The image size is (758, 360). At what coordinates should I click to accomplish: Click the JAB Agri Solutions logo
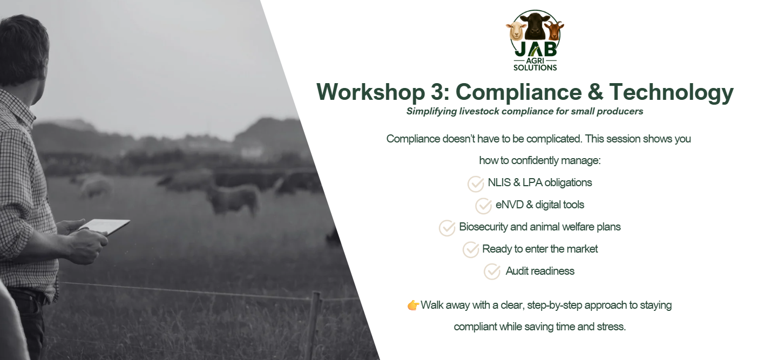point(535,41)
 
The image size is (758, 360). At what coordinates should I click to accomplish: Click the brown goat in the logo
point(554,30)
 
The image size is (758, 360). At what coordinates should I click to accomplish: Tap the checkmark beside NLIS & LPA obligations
point(476,184)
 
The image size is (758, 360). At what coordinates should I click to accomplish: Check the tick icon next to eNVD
point(483,206)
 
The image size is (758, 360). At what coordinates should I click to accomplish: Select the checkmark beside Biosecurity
point(447,228)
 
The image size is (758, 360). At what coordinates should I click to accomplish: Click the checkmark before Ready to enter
point(471,249)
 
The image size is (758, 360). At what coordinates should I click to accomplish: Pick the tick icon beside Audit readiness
point(492,271)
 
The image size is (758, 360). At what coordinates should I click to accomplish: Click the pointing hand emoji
point(413,305)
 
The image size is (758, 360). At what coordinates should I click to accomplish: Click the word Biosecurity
point(483,227)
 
